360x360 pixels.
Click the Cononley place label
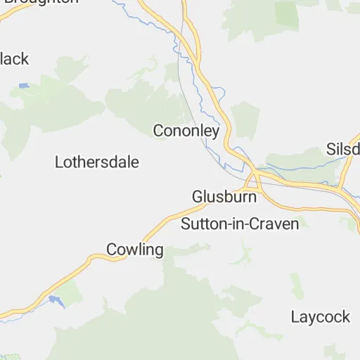[186, 131]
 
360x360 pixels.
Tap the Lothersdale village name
[97, 162]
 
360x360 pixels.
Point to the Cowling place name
[134, 250]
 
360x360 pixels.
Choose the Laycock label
[320, 317]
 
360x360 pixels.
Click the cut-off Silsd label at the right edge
[343, 149]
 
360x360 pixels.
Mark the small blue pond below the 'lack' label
[24, 85]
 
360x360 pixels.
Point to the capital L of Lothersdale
[59, 162]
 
